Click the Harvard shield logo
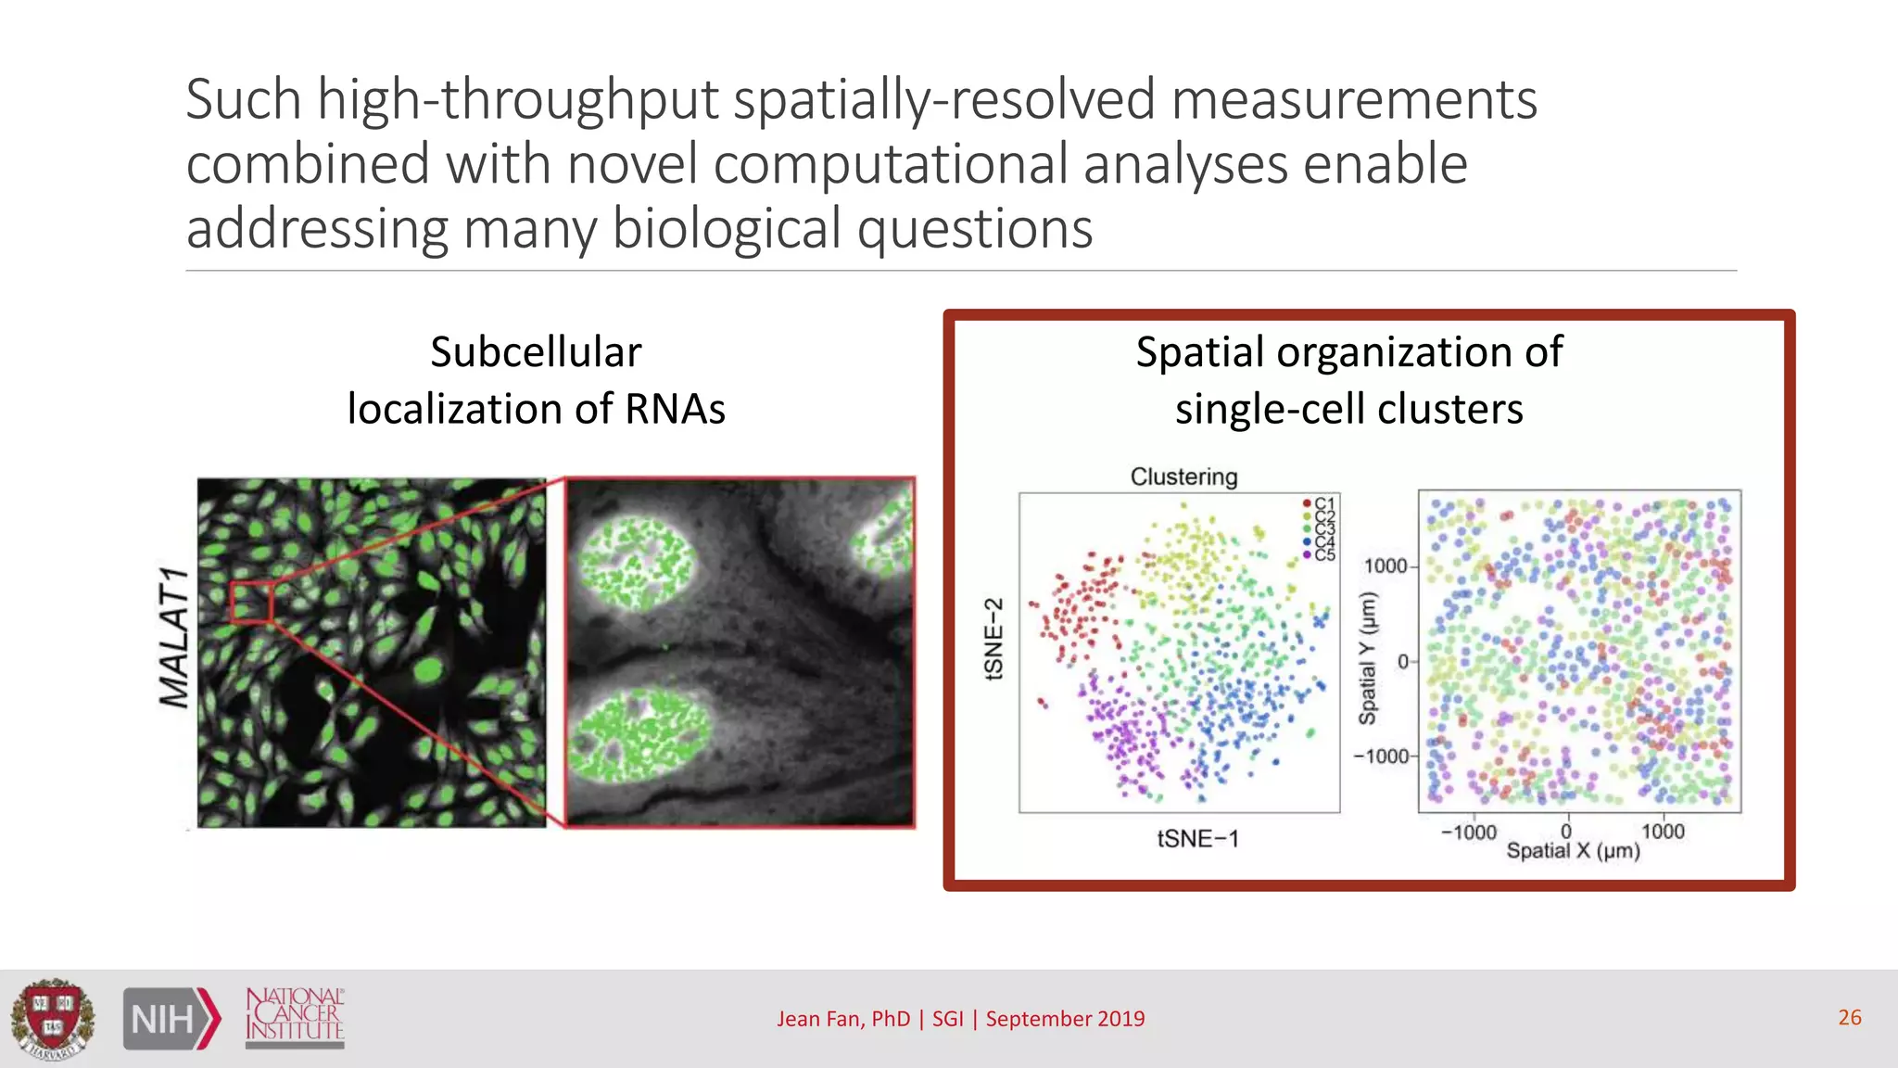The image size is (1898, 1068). pos(53,1018)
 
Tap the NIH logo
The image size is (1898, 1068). pos(171,1019)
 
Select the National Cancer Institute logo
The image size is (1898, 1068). pos(295,1017)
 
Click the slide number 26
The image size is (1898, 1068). pos(1849,1017)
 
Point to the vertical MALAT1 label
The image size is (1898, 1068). pos(174,638)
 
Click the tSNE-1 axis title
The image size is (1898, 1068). pos(1197,839)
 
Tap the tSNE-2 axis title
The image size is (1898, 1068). pos(993,640)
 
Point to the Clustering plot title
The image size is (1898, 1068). pos(1183,477)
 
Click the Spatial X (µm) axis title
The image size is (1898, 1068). pos(1573,851)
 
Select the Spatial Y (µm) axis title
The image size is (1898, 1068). pos(1368,658)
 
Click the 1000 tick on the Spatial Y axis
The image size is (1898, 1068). pos(1385,566)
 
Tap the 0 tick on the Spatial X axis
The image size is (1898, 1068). pos(1566,832)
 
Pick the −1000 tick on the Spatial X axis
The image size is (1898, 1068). pos(1469,832)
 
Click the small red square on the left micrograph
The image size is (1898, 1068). pos(250,603)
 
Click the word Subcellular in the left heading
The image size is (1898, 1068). pos(536,352)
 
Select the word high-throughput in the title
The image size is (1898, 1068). pos(518,99)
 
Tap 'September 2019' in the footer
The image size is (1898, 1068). pos(1065,1019)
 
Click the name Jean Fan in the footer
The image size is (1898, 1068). pos(820,1019)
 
